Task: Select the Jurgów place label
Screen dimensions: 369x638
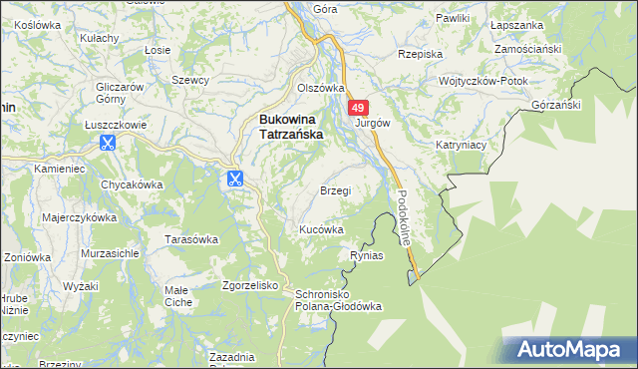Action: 372,123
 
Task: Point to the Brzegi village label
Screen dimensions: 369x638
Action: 335,189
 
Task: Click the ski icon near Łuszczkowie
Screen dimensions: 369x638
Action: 107,142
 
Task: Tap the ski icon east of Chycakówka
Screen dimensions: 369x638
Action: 233,180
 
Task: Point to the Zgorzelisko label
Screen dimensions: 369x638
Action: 250,284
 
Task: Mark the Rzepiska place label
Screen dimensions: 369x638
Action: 419,54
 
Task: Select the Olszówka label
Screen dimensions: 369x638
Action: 320,88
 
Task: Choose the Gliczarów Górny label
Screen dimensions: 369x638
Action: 116,92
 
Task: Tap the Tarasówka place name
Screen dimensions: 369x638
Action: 191,239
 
